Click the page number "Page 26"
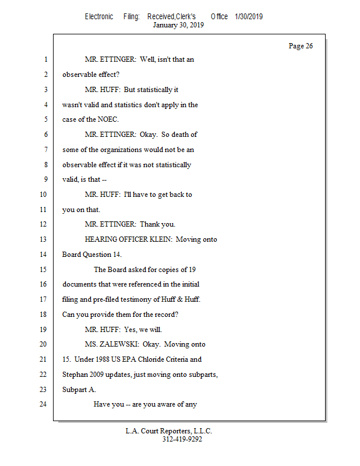(x=301, y=46)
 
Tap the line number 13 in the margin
(x=44, y=239)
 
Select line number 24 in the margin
(x=44, y=404)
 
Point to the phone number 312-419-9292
(x=182, y=440)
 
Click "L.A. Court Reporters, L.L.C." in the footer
(x=169, y=432)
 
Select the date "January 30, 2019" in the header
(x=178, y=25)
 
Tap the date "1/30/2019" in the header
(x=249, y=16)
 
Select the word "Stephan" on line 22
(x=75, y=375)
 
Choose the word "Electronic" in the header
(x=99, y=16)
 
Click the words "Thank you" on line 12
(x=157, y=224)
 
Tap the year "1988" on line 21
(x=101, y=359)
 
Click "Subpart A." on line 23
(x=79, y=389)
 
